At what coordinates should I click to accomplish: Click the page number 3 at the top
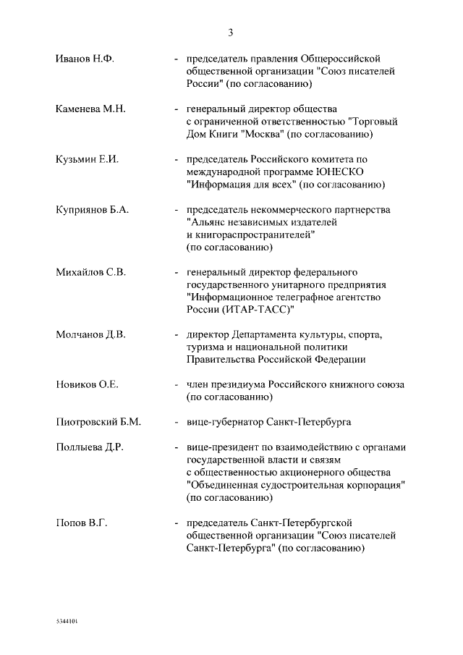pyautogui.click(x=231, y=33)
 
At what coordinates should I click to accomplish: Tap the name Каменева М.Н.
pyautogui.click(x=91, y=109)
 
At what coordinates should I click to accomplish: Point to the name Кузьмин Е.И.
pyautogui.click(x=87, y=160)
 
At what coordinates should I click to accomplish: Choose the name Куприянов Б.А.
pyautogui.click(x=92, y=210)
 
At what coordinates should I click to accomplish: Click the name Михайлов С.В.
pyautogui.click(x=91, y=273)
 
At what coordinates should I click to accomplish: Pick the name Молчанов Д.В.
pyautogui.click(x=91, y=335)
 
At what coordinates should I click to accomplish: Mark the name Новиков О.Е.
pyautogui.click(x=87, y=385)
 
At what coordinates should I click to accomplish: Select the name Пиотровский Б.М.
pyautogui.click(x=98, y=422)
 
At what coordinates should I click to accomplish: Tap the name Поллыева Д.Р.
pyautogui.click(x=90, y=447)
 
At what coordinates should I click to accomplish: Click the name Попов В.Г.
pyautogui.click(x=81, y=523)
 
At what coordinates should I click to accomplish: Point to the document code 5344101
pyautogui.click(x=67, y=622)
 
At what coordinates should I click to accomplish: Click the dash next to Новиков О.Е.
pyautogui.click(x=177, y=385)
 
